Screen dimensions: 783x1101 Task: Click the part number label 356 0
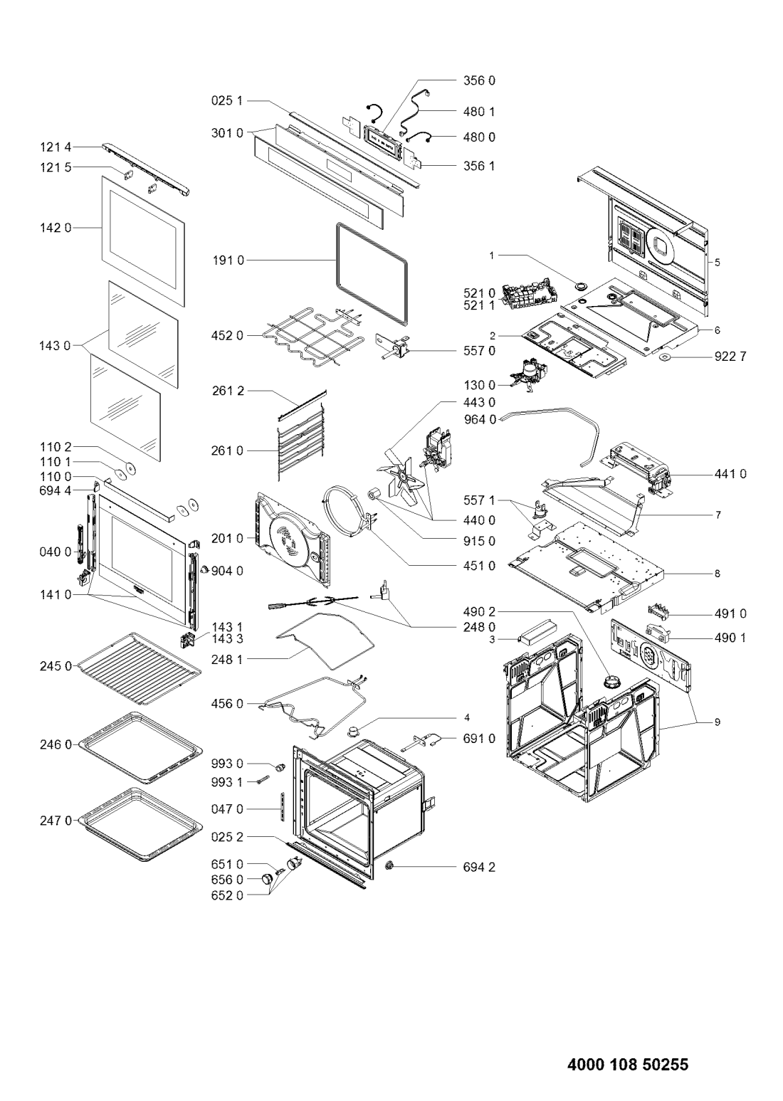pyautogui.click(x=479, y=80)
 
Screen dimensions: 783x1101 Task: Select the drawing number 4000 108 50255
pyautogui.click(x=628, y=1062)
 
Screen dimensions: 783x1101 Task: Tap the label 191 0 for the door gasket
pyautogui.click(x=228, y=260)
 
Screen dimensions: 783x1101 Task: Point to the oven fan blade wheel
pyautogui.click(x=399, y=474)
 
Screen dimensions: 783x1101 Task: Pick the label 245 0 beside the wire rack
pyautogui.click(x=56, y=666)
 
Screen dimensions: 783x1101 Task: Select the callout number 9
pyautogui.click(x=717, y=722)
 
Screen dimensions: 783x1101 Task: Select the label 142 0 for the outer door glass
pyautogui.click(x=56, y=228)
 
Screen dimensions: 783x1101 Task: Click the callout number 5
pyautogui.click(x=717, y=263)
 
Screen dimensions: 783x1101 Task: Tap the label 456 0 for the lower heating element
pyautogui.click(x=227, y=704)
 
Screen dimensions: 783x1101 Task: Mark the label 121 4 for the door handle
pyautogui.click(x=56, y=147)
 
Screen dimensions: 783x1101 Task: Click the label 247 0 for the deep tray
pyautogui.click(x=56, y=821)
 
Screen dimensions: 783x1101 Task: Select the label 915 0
pyautogui.click(x=479, y=541)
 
